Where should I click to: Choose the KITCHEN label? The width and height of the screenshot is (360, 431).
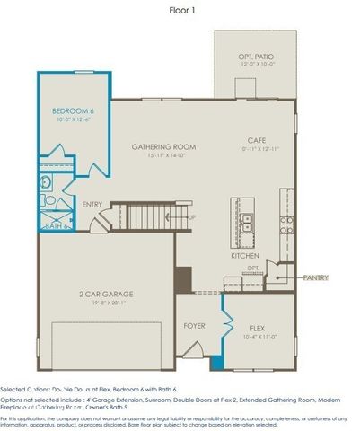[245, 256]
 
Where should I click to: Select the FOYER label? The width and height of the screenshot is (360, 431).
[195, 326]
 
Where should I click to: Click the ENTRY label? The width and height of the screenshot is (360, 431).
[92, 205]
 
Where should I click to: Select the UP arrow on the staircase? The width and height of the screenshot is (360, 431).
[190, 216]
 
